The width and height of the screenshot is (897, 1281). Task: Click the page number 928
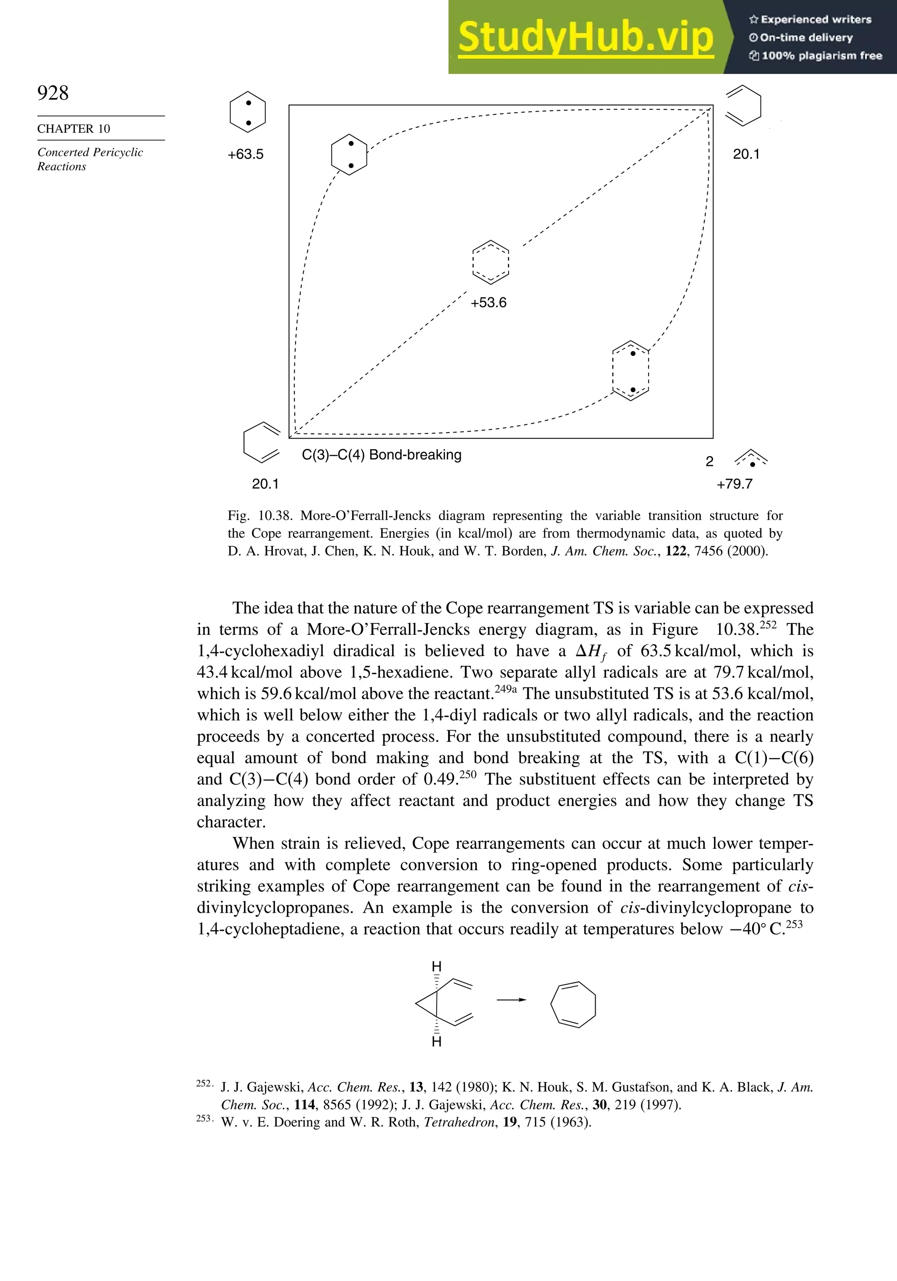pyautogui.click(x=53, y=93)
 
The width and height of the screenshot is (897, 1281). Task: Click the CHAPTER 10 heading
pyautogui.click(x=74, y=129)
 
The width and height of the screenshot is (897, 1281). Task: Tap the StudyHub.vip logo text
pyautogui.click(x=586, y=37)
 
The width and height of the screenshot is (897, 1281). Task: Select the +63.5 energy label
pyautogui.click(x=246, y=155)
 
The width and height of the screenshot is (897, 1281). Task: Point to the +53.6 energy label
pyautogui.click(x=488, y=303)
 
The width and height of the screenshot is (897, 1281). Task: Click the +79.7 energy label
pyautogui.click(x=735, y=484)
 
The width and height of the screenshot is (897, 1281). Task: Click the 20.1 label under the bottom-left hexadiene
pyautogui.click(x=265, y=484)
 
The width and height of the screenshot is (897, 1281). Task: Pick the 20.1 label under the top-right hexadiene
pyautogui.click(x=746, y=155)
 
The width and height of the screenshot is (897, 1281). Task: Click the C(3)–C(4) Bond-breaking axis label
pyautogui.click(x=382, y=455)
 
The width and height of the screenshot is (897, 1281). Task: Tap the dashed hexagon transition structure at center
pyautogui.click(x=490, y=262)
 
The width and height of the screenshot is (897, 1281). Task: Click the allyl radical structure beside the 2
pyautogui.click(x=751, y=459)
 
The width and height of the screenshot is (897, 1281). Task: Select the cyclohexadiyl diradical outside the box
pyautogui.click(x=248, y=112)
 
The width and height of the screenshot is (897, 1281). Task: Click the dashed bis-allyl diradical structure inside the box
pyautogui.click(x=631, y=371)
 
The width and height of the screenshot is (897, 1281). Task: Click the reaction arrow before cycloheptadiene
pyautogui.click(x=511, y=1000)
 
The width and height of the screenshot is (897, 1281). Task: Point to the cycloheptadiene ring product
pyautogui.click(x=573, y=1004)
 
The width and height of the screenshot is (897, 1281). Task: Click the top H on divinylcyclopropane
pyautogui.click(x=437, y=966)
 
